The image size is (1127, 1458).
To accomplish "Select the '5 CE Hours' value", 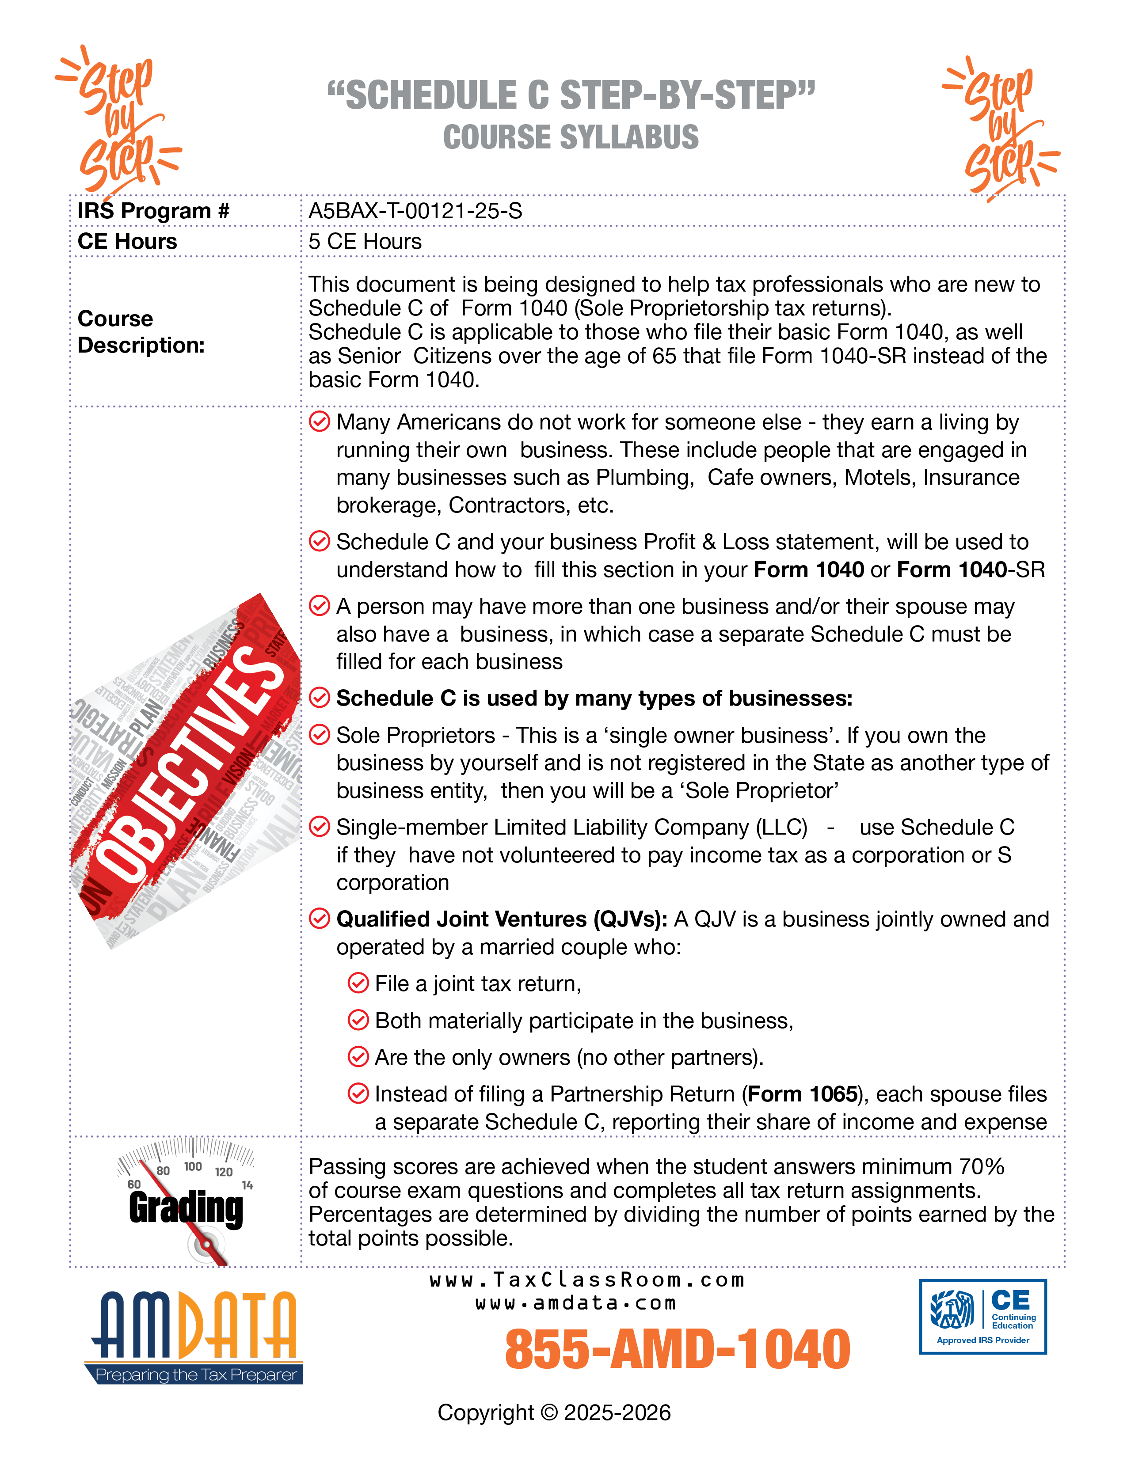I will coord(365,242).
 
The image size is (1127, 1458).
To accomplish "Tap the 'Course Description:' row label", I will coord(141,332).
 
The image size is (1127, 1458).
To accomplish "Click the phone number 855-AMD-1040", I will coord(677,1349).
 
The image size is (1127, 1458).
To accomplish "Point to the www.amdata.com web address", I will coord(575,1303).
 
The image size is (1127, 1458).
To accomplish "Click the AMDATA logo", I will coord(194,1335).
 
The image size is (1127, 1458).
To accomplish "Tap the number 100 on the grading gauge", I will coord(193,1166).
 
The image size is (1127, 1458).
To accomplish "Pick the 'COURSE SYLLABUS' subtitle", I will coord(571,137).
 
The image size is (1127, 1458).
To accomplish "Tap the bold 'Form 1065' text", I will coord(802,1094).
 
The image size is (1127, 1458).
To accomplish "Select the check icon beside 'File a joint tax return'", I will coord(358,983).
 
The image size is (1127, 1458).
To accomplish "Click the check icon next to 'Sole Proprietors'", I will coord(320,735).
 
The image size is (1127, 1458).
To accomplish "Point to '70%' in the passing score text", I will coord(982,1166).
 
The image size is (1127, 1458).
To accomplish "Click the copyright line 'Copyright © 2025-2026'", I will coord(554,1412).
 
